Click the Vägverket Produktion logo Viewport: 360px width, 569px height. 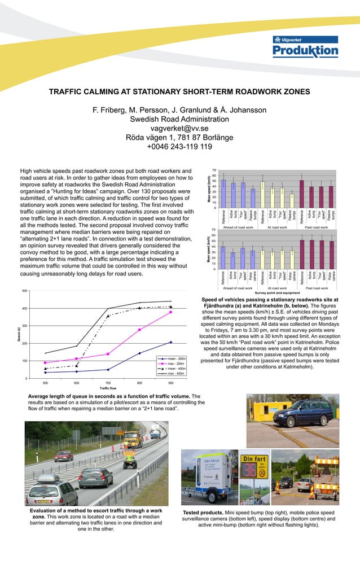[305, 47]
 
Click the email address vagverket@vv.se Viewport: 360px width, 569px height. [179, 128]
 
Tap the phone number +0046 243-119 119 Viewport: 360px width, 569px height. [179, 147]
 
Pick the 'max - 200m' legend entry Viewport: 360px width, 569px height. [175, 364]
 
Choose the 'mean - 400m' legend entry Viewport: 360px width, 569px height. [175, 369]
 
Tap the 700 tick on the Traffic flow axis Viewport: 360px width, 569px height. [108, 383]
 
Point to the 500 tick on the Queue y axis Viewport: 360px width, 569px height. [24, 291]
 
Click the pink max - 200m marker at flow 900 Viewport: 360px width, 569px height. [170, 312]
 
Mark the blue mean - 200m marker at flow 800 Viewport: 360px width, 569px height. [139, 353]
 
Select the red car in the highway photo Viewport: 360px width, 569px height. [64, 456]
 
